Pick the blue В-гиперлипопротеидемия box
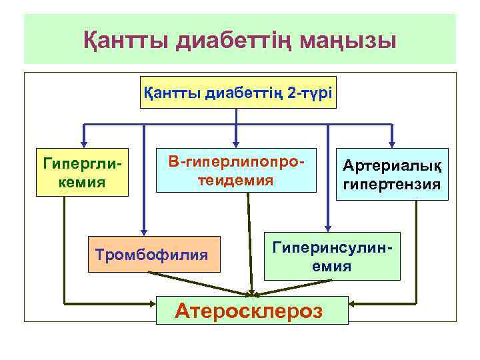tap(236, 171)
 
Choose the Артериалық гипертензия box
tap(392, 173)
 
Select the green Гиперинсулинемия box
tap(333, 256)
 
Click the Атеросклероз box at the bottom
tap(252, 310)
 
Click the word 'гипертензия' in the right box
tap(392, 184)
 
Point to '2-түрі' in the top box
tap(309, 94)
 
